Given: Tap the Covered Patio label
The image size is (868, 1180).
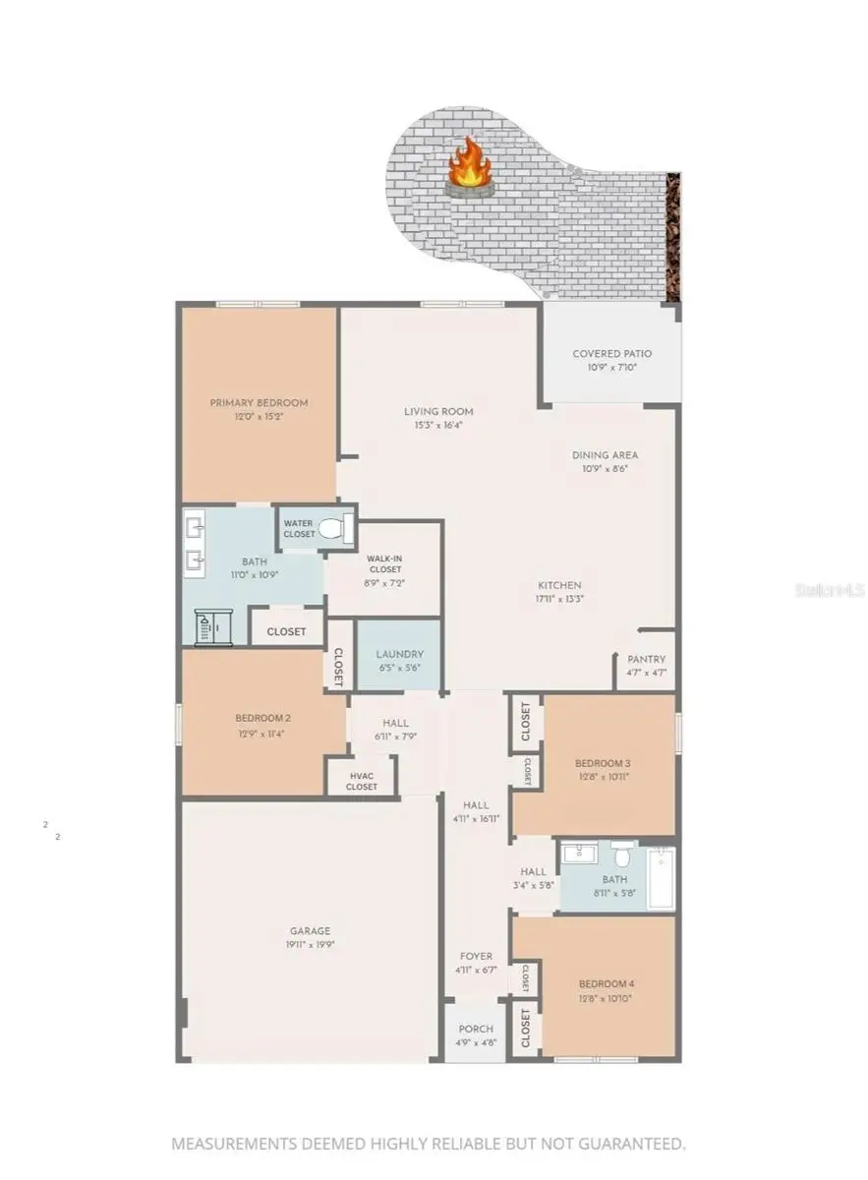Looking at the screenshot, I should tap(611, 354).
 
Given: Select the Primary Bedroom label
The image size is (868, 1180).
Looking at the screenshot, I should tap(259, 402).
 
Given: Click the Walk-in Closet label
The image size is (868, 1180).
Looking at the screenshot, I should tap(384, 562).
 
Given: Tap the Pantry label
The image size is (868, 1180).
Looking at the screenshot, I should tap(646, 659).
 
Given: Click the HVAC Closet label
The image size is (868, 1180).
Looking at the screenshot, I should tap(362, 780).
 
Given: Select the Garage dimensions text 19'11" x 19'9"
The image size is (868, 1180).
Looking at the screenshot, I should tap(310, 945).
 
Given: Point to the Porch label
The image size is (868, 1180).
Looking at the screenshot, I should tap(477, 1029).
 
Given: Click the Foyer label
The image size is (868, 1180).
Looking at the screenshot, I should tap(477, 956).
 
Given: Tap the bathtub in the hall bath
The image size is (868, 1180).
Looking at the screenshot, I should tap(660, 878).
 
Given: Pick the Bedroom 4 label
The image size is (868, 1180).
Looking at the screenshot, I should tap(605, 984).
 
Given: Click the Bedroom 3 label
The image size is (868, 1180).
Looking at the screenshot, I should tap(603, 763).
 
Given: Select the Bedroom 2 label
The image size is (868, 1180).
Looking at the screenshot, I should tap(262, 718).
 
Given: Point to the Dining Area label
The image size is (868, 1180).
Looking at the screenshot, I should tap(606, 455).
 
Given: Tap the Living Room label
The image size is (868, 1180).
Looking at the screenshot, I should tap(438, 411).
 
